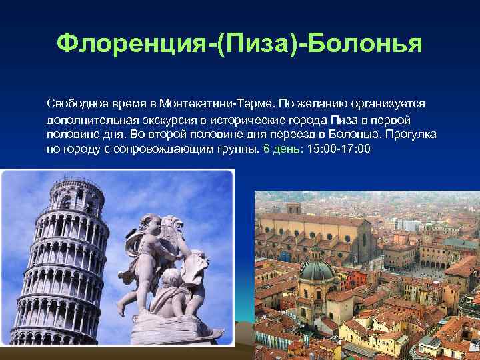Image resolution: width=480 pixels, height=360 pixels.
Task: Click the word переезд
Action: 285,134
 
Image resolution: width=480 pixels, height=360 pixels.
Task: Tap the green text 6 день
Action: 281,149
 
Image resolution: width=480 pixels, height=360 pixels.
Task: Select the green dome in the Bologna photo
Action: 317,270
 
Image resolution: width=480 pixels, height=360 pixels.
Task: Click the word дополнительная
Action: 91,119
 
